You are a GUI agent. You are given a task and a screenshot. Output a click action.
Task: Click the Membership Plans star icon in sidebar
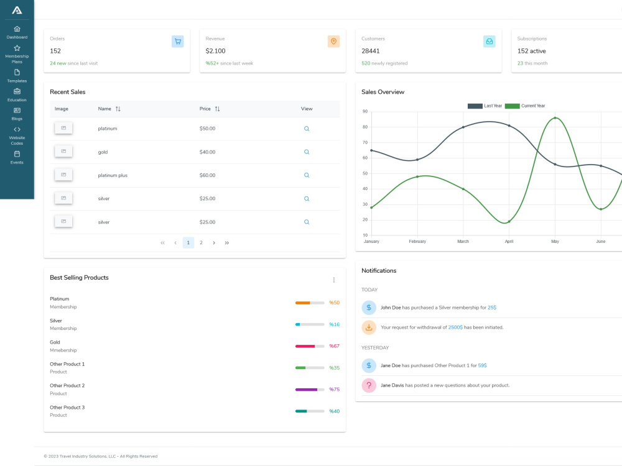click(x=17, y=48)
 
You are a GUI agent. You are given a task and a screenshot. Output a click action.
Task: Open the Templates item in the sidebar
click(x=17, y=76)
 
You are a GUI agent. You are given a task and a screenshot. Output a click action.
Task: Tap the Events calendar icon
click(x=17, y=153)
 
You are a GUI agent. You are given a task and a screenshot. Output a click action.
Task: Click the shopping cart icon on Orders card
click(x=178, y=41)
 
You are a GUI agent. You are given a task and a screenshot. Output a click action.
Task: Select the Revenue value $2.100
click(x=215, y=51)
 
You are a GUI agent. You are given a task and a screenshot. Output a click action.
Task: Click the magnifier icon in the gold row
click(x=307, y=152)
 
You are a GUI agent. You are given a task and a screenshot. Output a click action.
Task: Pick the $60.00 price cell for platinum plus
click(x=208, y=175)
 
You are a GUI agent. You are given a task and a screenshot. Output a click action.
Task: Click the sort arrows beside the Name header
click(x=118, y=109)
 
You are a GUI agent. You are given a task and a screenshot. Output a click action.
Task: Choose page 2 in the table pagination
click(x=201, y=242)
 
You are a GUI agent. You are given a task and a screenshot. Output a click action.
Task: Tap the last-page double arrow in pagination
click(x=227, y=243)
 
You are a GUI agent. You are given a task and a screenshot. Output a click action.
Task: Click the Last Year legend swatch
click(x=475, y=106)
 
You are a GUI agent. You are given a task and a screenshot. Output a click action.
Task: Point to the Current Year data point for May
click(x=555, y=118)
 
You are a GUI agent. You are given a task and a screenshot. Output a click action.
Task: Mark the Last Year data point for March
click(x=463, y=127)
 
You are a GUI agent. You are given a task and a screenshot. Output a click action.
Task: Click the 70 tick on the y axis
click(x=365, y=143)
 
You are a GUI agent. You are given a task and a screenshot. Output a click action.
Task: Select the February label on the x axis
click(x=417, y=241)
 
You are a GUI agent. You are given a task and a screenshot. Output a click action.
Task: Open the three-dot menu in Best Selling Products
click(x=334, y=280)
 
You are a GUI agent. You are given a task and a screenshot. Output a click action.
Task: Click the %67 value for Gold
click(x=335, y=346)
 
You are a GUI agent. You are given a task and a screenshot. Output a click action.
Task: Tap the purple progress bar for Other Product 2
click(x=306, y=390)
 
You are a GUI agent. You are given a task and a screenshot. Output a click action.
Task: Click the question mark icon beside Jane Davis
click(x=369, y=385)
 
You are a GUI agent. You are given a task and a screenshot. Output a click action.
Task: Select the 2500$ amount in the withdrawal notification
click(x=455, y=327)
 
